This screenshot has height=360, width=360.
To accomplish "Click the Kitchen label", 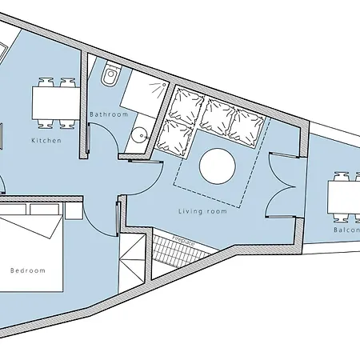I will (46, 141).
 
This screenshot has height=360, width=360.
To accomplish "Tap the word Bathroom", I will (109, 114).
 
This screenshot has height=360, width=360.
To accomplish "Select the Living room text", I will (202, 211).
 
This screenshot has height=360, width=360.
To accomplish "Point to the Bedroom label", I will (28, 270).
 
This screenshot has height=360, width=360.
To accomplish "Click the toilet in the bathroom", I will (111, 78).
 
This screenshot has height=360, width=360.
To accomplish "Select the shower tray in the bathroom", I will (144, 94).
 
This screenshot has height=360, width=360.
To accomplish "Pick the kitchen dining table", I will (54, 102).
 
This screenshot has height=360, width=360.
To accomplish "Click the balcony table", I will (344, 197).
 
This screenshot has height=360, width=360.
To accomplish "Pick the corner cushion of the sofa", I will (182, 104).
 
